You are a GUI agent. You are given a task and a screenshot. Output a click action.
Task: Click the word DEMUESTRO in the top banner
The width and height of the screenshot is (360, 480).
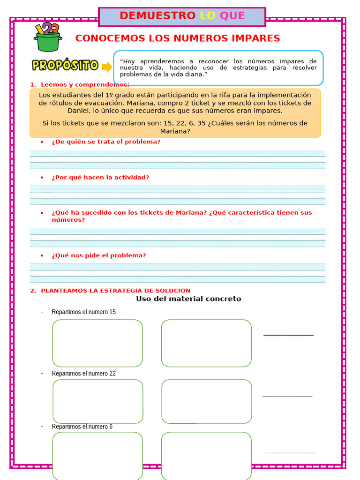pos(157,15)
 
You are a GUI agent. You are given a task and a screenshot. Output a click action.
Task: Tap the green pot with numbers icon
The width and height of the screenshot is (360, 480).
pos(47,37)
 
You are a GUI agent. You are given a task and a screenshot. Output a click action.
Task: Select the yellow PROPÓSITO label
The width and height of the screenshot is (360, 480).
pos(65,65)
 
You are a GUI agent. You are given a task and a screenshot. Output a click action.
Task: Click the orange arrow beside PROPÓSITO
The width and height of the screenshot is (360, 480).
pos(107,67)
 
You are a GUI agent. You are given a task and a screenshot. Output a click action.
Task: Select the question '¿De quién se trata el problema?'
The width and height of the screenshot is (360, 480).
pos(106,142)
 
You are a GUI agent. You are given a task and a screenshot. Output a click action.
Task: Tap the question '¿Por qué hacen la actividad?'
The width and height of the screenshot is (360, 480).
pos(100,177)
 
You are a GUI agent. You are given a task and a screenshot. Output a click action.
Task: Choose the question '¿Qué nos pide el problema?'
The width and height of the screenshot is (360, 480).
pos(98,255)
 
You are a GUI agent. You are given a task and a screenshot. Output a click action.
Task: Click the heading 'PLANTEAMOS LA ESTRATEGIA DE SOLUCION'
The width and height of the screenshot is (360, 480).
pos(115,291)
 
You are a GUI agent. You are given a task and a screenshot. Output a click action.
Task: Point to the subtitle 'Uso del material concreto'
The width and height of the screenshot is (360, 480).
pos(188,299)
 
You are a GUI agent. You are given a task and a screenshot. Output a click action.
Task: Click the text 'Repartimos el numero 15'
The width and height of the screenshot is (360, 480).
pos(83,312)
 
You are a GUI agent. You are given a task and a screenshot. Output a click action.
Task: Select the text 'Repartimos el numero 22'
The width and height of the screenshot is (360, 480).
pos(83,374)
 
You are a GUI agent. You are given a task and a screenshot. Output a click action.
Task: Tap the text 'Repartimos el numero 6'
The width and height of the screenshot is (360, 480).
pos(82,427)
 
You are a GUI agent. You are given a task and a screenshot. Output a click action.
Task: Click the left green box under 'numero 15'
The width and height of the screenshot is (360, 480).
pos(97,343)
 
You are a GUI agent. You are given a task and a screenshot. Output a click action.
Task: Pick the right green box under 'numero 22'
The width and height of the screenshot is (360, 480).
pos(207,401)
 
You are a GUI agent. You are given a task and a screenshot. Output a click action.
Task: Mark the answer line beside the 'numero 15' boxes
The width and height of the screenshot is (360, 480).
pos(288,334)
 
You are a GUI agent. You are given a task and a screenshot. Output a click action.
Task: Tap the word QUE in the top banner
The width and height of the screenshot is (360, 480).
pos(232,15)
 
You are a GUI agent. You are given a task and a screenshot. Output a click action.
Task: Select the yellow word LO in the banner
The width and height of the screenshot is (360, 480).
pos(208,15)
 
